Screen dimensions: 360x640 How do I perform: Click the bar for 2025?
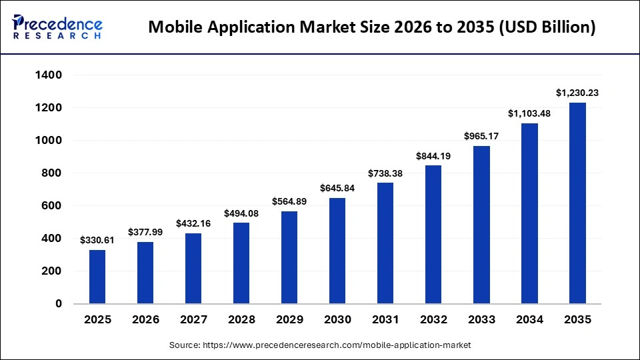[97, 277]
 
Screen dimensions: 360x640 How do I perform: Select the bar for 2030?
[337, 251]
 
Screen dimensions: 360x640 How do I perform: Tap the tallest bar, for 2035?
[577, 203]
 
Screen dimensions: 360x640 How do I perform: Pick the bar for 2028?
[241, 263]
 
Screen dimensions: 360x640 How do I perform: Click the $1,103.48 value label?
[529, 113]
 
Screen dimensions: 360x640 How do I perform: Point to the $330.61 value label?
[97, 240]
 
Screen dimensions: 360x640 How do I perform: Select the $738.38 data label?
[385, 173]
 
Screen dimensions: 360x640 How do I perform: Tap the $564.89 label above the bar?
[289, 201]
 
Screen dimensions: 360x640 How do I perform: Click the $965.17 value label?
[481, 136]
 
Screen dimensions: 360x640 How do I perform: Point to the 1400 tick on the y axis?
[49, 75]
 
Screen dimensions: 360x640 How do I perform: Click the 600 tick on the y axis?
[53, 206]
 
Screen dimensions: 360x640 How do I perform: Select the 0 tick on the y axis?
[59, 304]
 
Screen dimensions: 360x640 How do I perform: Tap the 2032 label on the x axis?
[433, 320]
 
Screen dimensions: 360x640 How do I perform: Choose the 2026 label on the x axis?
[145, 320]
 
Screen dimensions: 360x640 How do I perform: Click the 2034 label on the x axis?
[529, 320]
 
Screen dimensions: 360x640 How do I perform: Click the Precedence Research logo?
[57, 27]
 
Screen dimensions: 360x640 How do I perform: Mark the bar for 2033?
[481, 225]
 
